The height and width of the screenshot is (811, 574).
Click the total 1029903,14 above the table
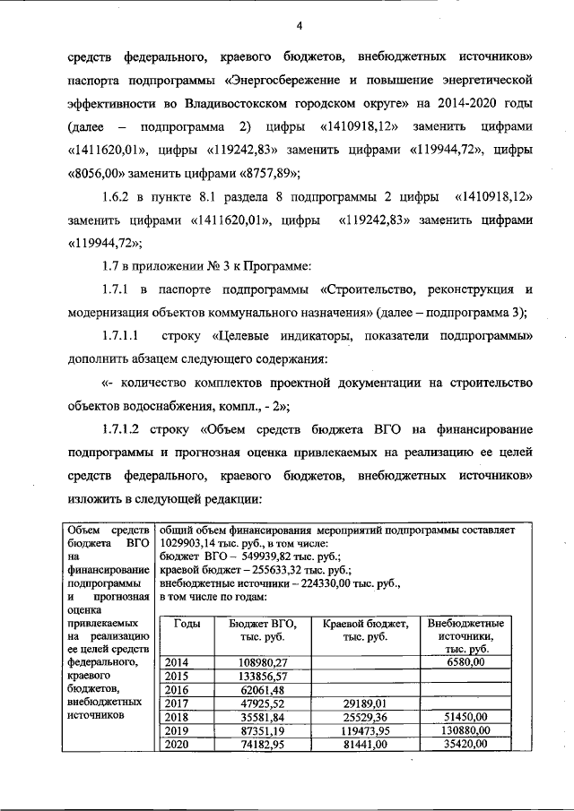[x=195, y=543]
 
